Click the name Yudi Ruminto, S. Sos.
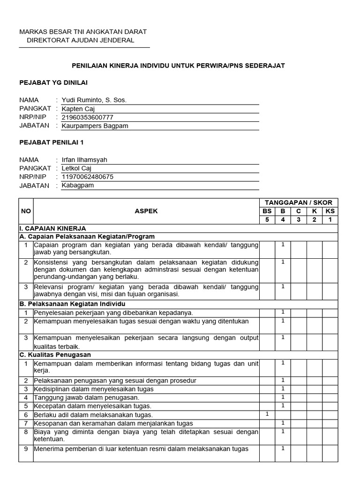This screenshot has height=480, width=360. [94, 100]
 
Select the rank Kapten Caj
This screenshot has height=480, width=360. [78, 109]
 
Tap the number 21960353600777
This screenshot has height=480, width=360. [88, 117]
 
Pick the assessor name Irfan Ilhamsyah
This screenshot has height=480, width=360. [85, 160]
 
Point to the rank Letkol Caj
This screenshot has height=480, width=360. [77, 168]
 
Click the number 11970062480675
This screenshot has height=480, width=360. [88, 177]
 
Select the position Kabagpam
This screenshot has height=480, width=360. [78, 185]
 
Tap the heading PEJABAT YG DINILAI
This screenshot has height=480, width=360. [53, 82]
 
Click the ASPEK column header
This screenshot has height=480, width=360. [146, 211]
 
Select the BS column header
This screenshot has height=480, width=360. [267, 211]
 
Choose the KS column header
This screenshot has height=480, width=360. [330, 211]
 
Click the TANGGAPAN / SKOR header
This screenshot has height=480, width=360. [299, 202]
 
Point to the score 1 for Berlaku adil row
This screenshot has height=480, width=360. [267, 414]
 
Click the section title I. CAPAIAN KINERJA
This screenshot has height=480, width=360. [52, 228]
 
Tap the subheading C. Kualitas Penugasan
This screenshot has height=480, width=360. [55, 354]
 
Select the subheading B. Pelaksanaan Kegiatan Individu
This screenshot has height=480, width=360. [72, 304]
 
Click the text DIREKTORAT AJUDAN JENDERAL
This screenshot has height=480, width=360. [81, 40]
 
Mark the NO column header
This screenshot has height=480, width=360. [26, 211]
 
